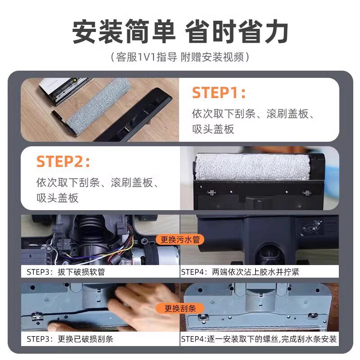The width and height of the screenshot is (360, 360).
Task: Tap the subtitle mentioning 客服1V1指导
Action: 180,58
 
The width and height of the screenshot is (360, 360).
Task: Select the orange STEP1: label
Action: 219,93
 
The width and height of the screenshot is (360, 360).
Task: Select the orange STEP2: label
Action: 63,161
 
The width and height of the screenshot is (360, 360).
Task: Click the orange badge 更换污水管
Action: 180,239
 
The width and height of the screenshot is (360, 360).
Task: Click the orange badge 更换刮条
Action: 180,309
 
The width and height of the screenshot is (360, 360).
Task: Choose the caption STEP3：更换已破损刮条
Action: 70,339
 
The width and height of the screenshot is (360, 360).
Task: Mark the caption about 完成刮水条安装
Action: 259,339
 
